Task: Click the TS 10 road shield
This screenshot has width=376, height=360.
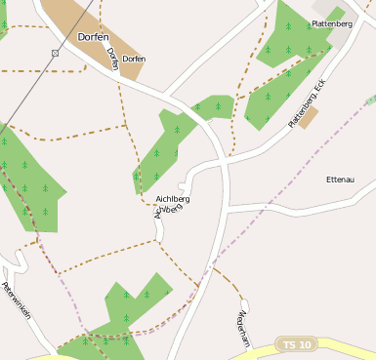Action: tap(296, 345)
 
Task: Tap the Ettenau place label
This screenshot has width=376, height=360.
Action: tap(340, 180)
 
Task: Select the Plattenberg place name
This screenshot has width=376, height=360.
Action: tap(331, 22)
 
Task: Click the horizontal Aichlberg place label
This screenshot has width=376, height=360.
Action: tap(173, 199)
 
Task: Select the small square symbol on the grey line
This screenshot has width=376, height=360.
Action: tap(55, 53)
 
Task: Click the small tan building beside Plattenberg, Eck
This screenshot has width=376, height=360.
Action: tap(309, 118)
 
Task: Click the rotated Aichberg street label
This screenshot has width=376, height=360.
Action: tap(168, 212)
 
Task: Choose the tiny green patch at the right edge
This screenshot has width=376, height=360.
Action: tap(371, 100)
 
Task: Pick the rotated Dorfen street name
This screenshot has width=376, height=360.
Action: tap(112, 58)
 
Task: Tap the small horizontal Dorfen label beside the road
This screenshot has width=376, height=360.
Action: tap(134, 60)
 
